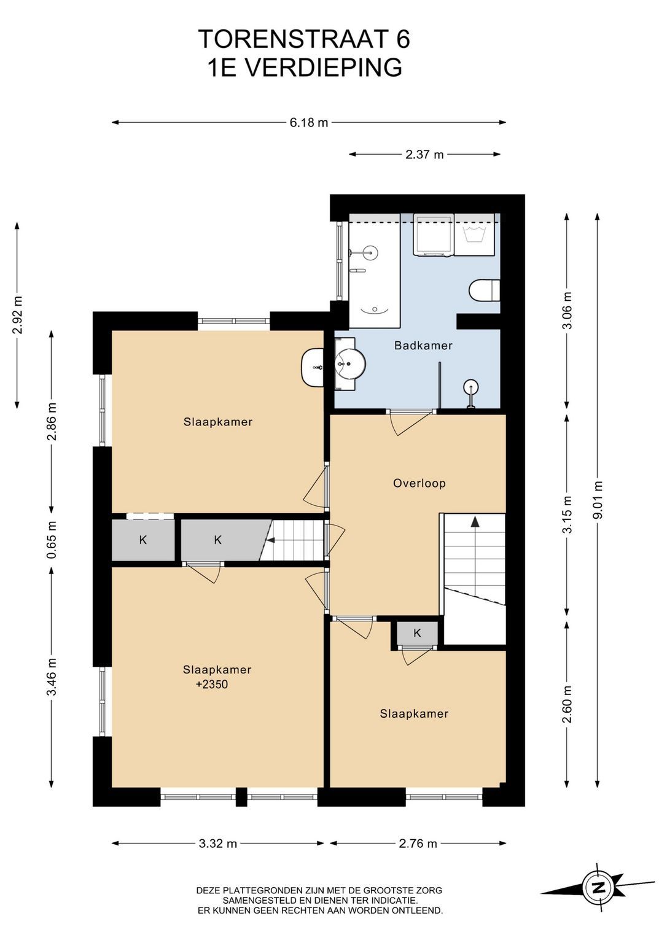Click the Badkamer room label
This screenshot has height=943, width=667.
click(423, 346)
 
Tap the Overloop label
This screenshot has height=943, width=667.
click(419, 483)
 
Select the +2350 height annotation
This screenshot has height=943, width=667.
click(212, 684)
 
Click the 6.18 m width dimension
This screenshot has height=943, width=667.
click(309, 123)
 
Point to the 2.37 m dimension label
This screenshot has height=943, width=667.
click(424, 155)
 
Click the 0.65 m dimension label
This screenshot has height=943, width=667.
click(52, 539)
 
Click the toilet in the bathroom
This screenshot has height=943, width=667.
click(485, 290)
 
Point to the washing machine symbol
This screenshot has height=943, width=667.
click(475, 235)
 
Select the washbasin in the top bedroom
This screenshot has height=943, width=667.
click(313, 367)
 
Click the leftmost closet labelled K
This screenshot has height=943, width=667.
click(142, 540)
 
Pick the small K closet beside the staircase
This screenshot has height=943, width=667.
click(417, 633)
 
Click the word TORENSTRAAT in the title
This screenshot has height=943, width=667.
click(293, 39)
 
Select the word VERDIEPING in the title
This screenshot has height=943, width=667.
click(324, 68)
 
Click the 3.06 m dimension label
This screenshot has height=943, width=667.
click(568, 310)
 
